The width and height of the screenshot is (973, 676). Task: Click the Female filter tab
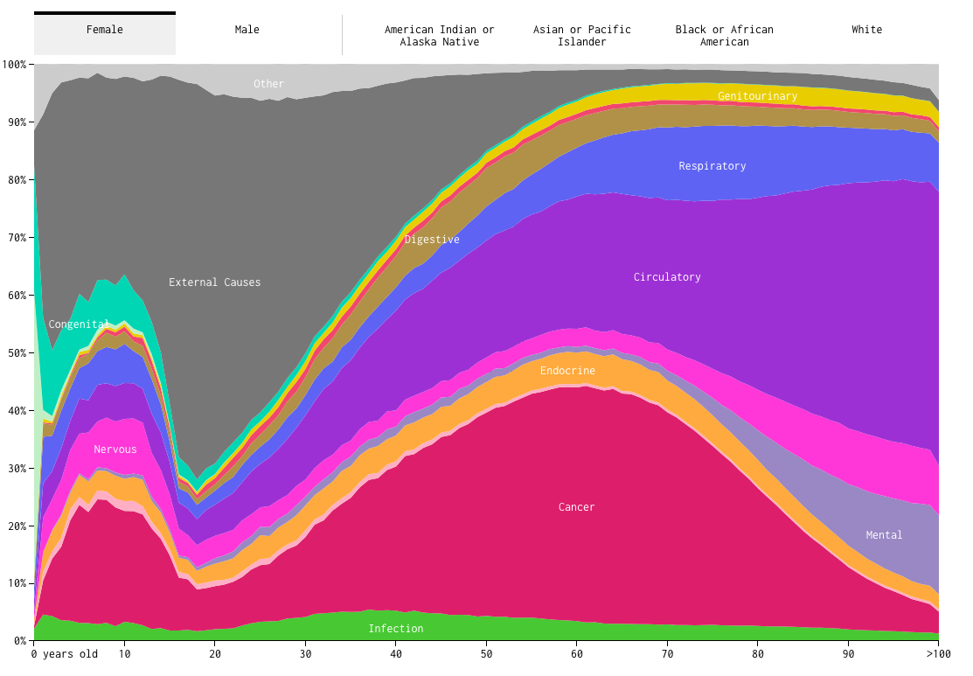[105, 30]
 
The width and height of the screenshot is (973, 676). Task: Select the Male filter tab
[247, 30]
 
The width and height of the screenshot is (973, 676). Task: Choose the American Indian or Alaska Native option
[439, 36]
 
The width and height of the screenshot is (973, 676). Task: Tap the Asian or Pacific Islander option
[582, 36]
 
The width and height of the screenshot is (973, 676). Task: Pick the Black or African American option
[725, 36]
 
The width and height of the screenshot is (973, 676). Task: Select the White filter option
[867, 30]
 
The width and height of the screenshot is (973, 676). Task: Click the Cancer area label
[577, 507]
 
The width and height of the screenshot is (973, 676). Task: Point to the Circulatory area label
[667, 277]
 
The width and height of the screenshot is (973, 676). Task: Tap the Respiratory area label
[712, 166]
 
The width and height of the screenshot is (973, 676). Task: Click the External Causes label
[215, 282]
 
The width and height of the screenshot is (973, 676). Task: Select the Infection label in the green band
[396, 629]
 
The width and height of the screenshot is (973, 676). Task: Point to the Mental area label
[884, 535]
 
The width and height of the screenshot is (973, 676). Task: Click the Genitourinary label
[758, 96]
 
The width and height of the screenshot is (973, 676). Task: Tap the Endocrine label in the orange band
[567, 371]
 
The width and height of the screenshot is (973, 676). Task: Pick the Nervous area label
[115, 450]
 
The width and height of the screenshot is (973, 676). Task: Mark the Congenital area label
[79, 324]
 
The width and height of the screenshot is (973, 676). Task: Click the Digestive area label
[432, 240]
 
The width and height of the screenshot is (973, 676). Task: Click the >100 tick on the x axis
[938, 654]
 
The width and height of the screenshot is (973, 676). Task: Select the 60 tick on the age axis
[577, 654]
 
